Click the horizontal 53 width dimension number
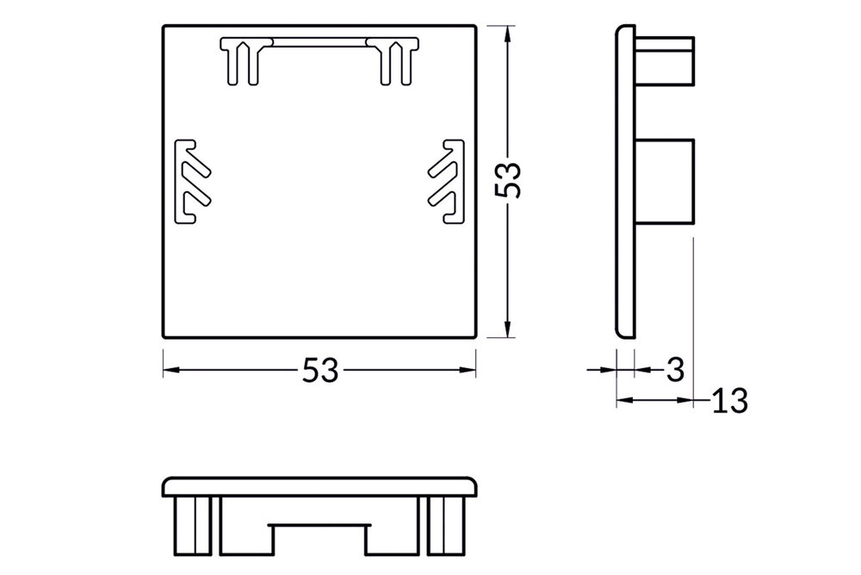click(x=319, y=371)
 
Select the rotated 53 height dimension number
click(x=511, y=180)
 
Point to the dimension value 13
click(x=728, y=400)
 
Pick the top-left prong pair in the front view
click(x=242, y=61)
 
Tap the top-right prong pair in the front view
click(x=395, y=61)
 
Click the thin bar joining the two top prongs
click(x=319, y=42)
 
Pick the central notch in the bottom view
click(x=319, y=538)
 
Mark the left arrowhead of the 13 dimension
click(x=623, y=400)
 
